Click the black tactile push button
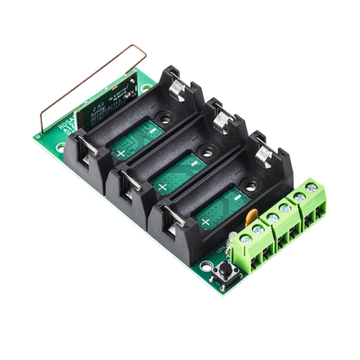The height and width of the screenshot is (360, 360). point(225,272)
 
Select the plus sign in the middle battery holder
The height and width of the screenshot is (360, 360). point(163,187)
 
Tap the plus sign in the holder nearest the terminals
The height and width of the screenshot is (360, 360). point(206,222)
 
